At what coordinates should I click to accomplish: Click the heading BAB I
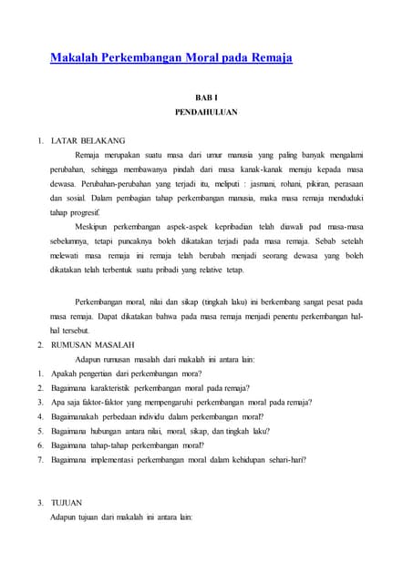pos(206,97)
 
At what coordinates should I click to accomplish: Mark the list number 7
pos(40,461)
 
